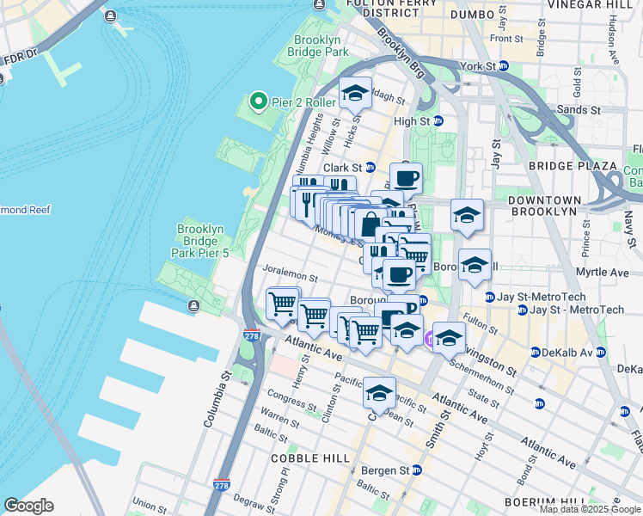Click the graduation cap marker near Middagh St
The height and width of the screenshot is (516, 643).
coord(353,93)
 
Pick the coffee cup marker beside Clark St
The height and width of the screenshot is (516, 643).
coord(406,178)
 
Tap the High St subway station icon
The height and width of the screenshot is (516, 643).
coord(436,121)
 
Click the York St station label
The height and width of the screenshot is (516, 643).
coord(478,66)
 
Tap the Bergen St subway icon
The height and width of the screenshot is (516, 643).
coord(417,470)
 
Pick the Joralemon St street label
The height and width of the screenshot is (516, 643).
coord(291,279)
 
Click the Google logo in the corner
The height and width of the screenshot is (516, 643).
coord(28,506)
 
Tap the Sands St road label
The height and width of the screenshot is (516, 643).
coord(579,110)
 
